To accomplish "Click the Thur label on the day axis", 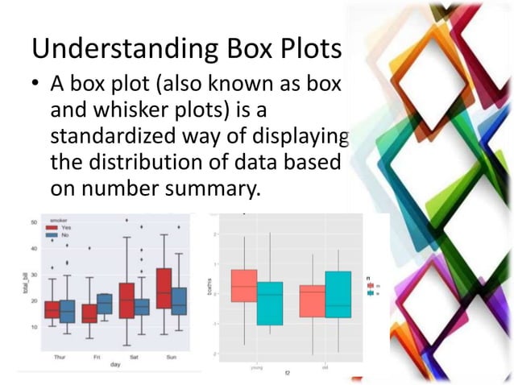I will [59, 356].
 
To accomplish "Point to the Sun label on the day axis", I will [171, 356].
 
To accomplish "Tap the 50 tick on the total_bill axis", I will [33, 221].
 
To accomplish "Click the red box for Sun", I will [164, 288].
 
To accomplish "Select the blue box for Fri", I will [105, 304].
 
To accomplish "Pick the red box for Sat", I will [126, 300].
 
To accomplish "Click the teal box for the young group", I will [270, 304].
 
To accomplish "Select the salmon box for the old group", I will [312, 301].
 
